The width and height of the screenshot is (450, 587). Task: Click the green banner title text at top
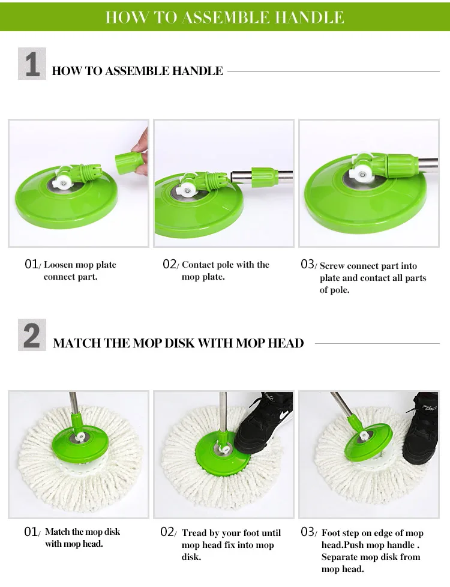tap(224, 17)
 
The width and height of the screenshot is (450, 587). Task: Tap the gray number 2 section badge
tap(32, 336)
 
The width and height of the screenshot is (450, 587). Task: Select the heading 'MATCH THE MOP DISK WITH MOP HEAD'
tap(178, 343)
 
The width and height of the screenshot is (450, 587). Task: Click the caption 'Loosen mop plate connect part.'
tap(79, 271)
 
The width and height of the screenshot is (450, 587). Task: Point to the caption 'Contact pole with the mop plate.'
tap(225, 271)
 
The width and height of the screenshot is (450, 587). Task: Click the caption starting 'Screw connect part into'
tap(372, 277)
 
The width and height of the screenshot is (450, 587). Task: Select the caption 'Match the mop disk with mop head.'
tap(82, 538)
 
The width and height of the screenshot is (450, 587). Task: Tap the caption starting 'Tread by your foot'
tap(231, 544)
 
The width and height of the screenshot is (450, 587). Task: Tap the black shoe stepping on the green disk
tap(264, 423)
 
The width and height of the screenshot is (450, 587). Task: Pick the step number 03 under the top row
tap(307, 265)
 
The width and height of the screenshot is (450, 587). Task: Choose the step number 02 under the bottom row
tap(169, 532)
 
